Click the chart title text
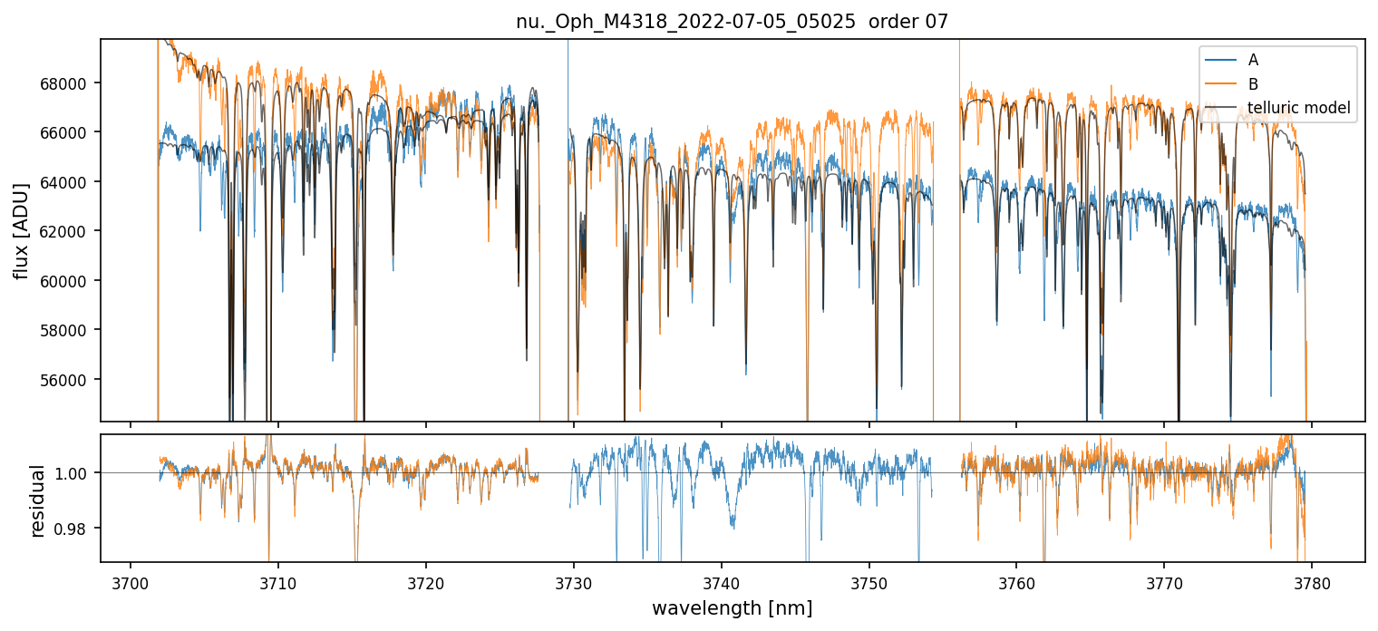tap(732, 22)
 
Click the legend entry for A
tap(1253, 60)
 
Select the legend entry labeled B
tap(1253, 84)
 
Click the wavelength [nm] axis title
tap(732, 607)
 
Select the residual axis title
tap(38, 500)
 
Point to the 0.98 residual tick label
tap(75, 529)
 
